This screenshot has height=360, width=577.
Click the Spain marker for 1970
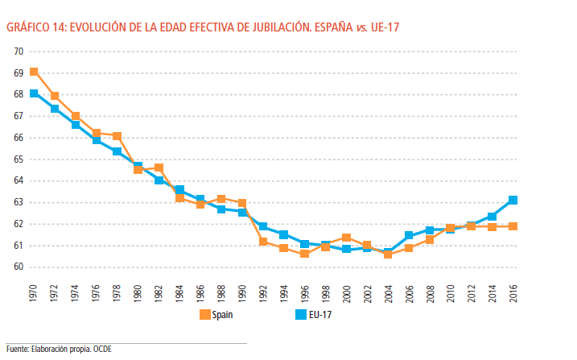point(34,72)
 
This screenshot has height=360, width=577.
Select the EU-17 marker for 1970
point(34,93)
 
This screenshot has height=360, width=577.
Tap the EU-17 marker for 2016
point(513,200)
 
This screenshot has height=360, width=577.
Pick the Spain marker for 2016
point(513,226)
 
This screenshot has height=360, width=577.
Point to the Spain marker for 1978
point(117,136)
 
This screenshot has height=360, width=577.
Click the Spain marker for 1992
point(263,242)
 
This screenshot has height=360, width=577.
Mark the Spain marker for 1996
point(304,254)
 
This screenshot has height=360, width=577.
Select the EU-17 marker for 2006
point(409,235)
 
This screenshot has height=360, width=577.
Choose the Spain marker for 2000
point(346,238)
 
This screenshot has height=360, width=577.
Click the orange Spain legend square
point(204,315)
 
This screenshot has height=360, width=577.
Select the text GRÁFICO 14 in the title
point(34,27)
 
